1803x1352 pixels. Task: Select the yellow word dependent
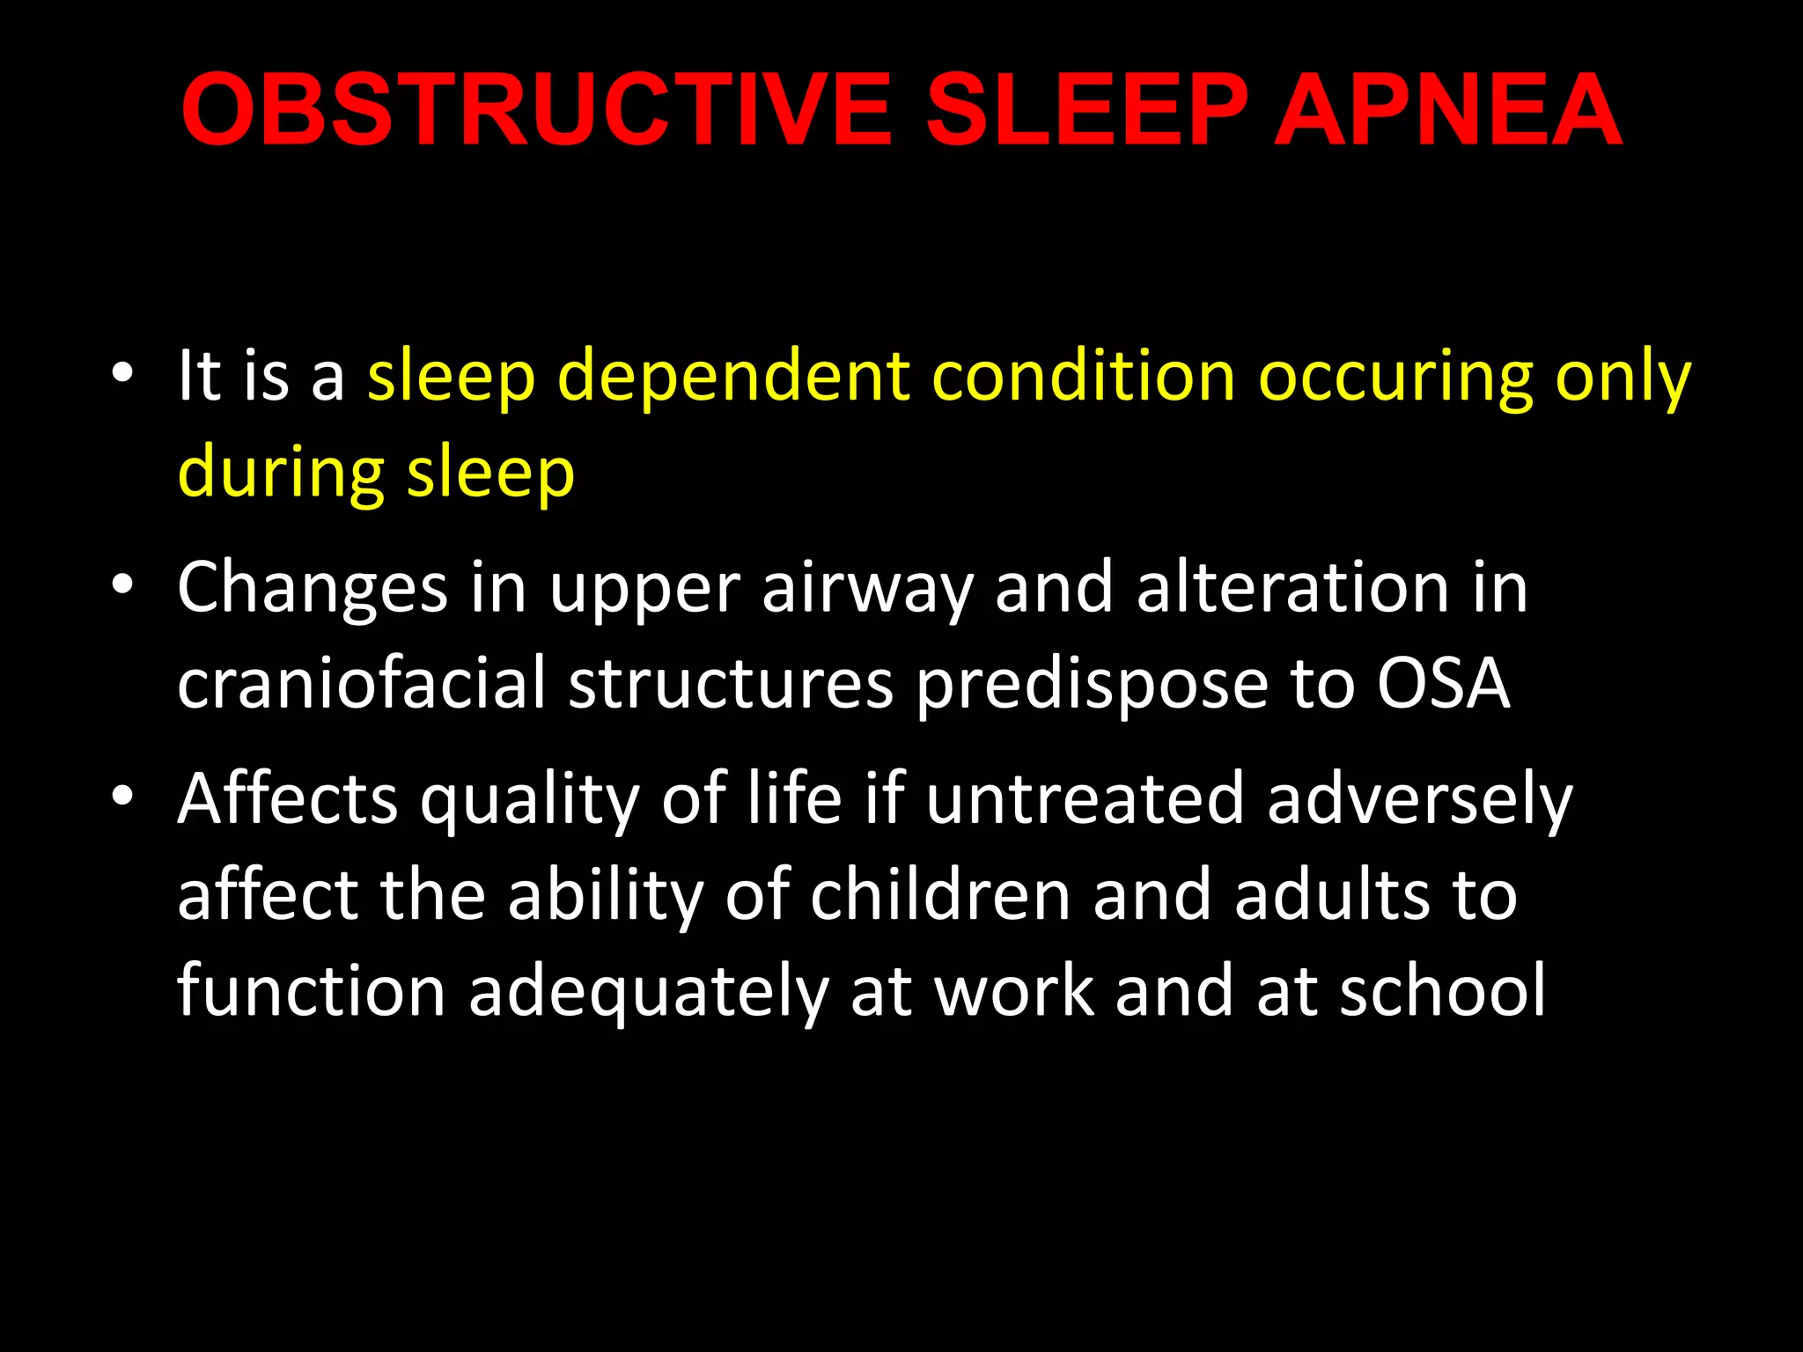(x=733, y=378)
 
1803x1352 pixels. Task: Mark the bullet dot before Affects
(x=122, y=796)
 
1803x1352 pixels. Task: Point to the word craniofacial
(x=362, y=683)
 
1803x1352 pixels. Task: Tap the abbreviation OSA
(x=1444, y=684)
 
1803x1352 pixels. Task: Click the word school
(x=1443, y=990)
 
